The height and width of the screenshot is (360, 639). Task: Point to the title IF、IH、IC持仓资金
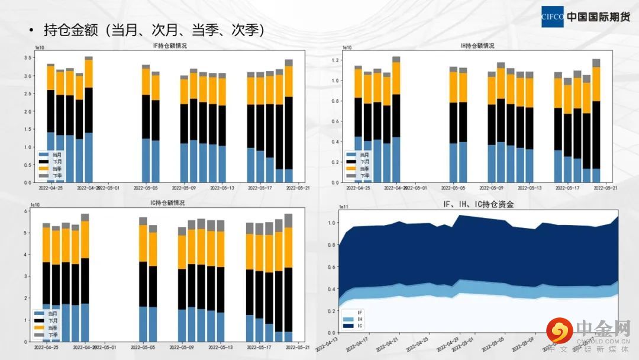(x=479, y=205)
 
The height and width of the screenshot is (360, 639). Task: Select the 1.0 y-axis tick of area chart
(x=333, y=223)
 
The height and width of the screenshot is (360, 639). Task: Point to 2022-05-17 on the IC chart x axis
(x=260, y=348)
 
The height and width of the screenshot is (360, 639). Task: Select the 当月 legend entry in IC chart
(x=49, y=313)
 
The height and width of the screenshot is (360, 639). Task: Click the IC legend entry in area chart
(x=354, y=326)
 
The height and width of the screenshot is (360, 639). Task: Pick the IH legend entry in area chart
(x=354, y=319)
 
